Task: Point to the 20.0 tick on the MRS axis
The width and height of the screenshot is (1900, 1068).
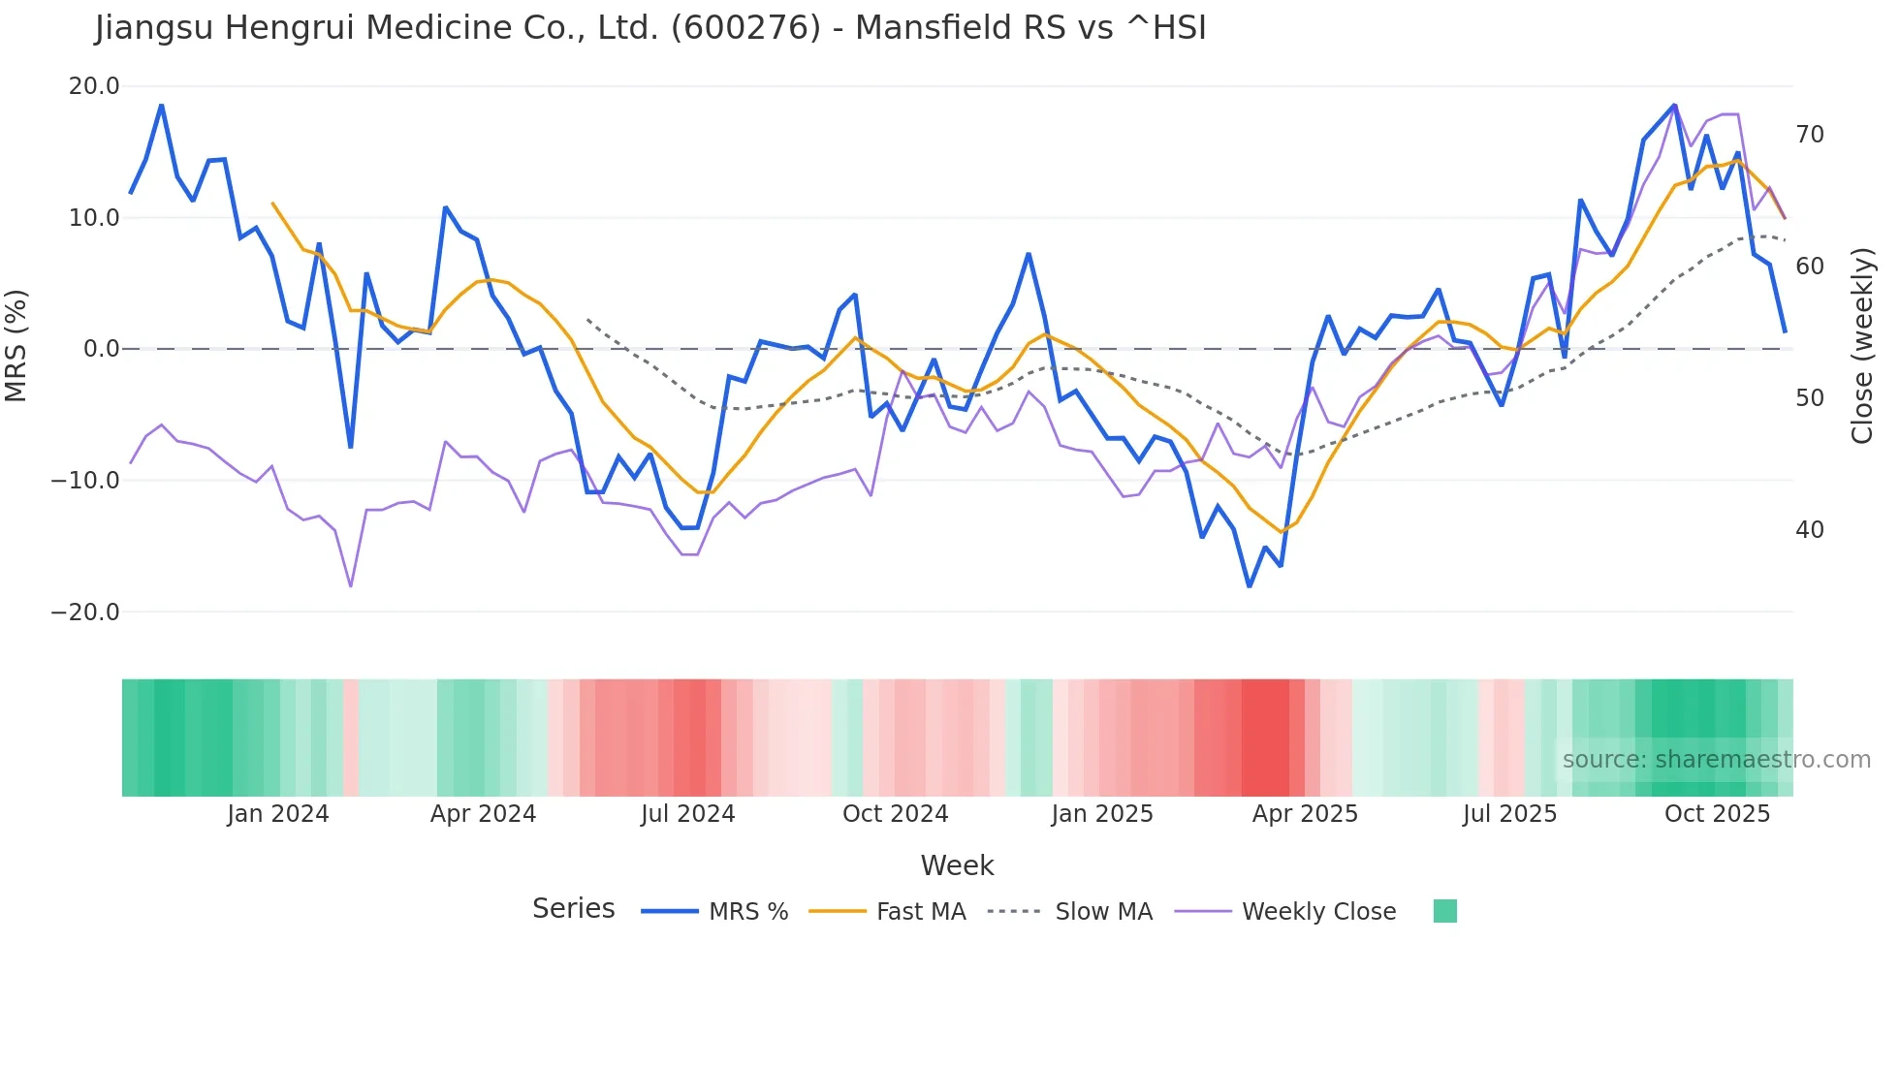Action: [94, 86]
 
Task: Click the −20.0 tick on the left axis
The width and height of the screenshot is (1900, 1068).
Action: [85, 613]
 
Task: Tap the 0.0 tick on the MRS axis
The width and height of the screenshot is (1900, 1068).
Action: [102, 349]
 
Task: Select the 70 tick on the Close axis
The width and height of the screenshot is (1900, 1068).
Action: [1809, 135]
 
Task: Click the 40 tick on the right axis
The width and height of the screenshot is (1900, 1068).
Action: [1809, 530]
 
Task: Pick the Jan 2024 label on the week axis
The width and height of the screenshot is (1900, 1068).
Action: [278, 814]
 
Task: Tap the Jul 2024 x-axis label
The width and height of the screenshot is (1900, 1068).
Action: [687, 814]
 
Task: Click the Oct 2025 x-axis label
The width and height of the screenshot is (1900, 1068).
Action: [1717, 814]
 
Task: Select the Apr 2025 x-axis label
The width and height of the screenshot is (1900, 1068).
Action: [1305, 814]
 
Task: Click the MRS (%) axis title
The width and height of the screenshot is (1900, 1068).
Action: [16, 346]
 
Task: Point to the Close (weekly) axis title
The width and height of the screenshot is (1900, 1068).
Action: [1861, 346]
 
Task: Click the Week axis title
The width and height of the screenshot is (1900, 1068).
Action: [957, 865]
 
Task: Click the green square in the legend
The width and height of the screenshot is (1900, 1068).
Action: [1444, 911]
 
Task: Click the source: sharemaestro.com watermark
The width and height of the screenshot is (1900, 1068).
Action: [1716, 760]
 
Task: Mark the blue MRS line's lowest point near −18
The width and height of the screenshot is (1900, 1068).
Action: [1250, 586]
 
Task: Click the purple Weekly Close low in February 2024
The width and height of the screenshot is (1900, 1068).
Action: [351, 586]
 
